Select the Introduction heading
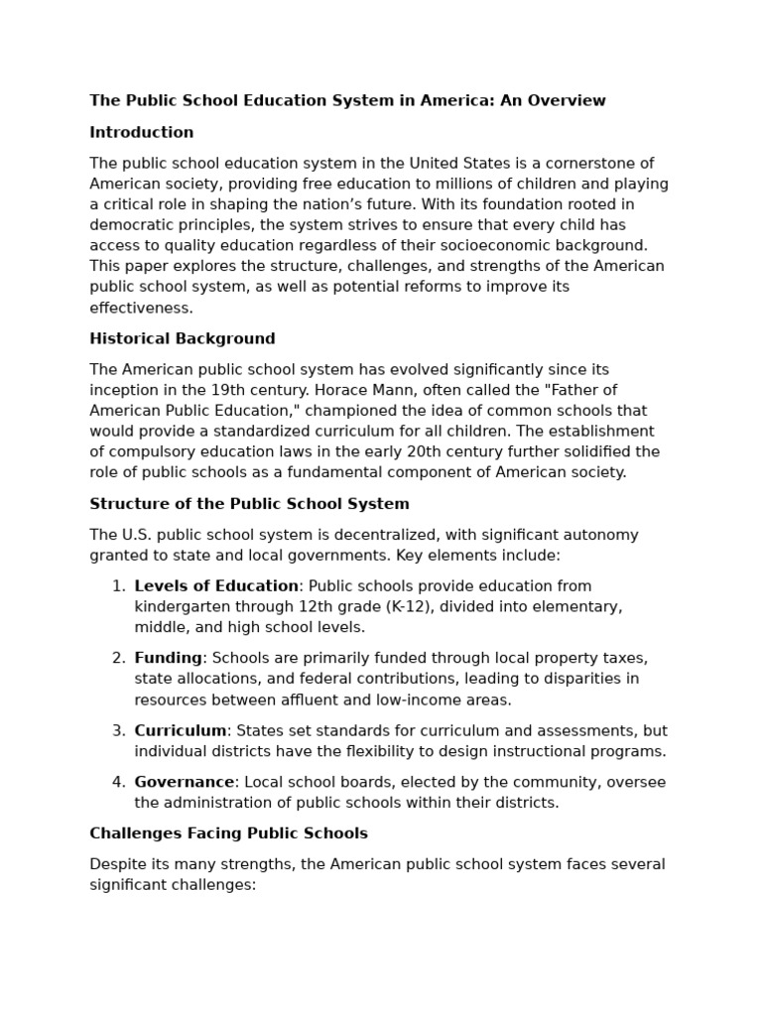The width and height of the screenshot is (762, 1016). (142, 132)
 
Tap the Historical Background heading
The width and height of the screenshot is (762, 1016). (183, 338)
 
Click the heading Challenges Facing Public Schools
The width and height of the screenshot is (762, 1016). (228, 833)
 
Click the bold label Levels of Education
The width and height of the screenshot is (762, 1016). (216, 586)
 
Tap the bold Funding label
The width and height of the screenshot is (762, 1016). (169, 658)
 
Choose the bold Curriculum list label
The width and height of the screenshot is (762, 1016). (181, 730)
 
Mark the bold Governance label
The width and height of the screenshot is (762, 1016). (185, 782)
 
